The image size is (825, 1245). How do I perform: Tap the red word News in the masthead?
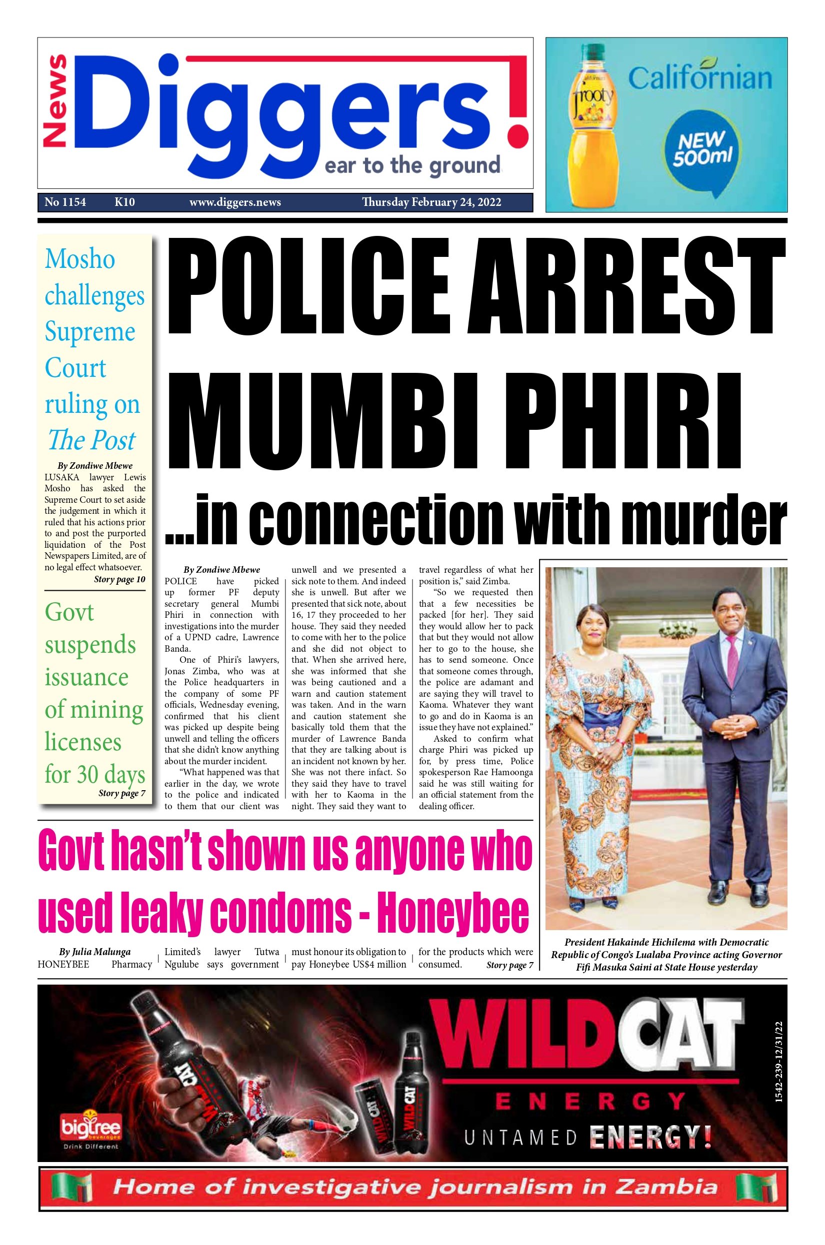coord(55,101)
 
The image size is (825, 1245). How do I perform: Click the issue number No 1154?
coord(65,202)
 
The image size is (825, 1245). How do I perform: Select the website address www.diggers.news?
coord(234,202)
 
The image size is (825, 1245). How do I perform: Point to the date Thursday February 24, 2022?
coord(431,202)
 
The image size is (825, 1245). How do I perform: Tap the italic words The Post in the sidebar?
coord(91,440)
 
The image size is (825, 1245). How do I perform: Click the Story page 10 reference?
coord(119,579)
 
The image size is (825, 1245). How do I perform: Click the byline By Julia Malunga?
coord(94,952)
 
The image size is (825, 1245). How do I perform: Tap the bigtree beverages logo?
coord(90,1127)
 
